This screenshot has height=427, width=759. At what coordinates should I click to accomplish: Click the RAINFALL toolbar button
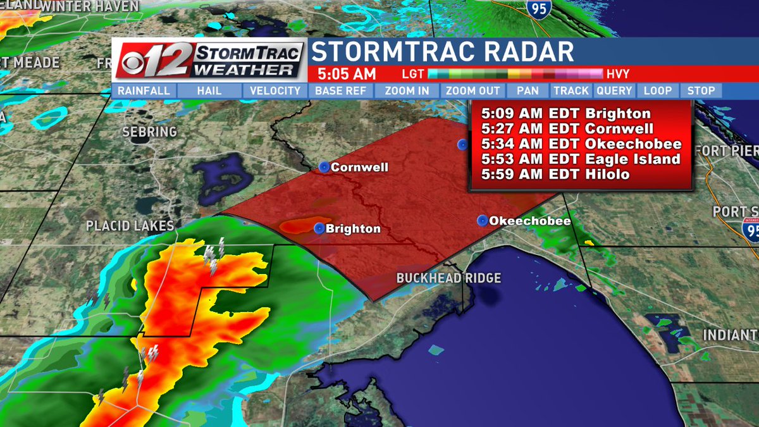144,91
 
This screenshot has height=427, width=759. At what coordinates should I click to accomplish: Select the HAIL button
209,91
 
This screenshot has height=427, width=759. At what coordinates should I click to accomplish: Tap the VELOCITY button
275,91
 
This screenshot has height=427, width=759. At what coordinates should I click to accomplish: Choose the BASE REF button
341,91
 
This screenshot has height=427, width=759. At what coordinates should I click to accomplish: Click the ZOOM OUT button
473,91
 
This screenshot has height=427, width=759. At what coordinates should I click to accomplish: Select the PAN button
528,91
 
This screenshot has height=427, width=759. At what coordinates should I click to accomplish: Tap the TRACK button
571,91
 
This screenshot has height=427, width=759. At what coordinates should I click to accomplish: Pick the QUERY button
614,91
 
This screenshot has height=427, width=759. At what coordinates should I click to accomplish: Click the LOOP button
658,91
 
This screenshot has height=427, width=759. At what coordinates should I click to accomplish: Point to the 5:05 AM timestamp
346,73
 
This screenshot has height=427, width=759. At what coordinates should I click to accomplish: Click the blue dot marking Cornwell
324,168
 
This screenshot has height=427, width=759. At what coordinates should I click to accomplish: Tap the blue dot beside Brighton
319,228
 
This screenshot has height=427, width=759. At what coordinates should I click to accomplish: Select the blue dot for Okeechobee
483,221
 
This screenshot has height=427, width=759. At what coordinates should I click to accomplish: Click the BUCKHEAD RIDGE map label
448,278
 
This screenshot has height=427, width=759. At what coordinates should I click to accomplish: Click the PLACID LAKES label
130,226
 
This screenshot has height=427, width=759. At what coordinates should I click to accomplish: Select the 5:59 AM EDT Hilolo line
555,174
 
